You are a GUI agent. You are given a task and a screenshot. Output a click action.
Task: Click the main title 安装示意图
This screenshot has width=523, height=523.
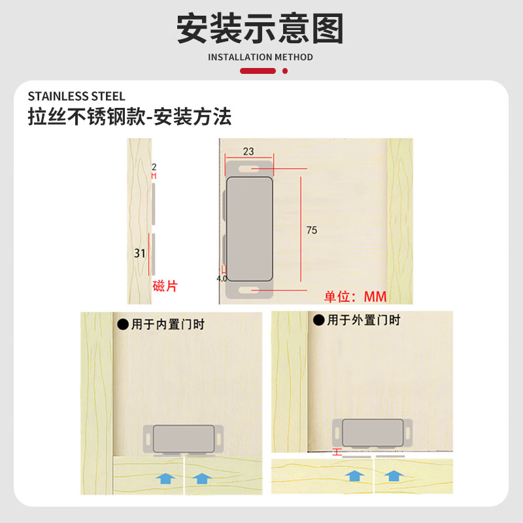(260, 29)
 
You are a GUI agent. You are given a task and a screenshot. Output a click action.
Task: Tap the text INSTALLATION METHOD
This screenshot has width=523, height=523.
(260, 57)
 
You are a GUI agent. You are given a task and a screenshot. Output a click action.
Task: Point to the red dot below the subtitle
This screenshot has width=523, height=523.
(284, 71)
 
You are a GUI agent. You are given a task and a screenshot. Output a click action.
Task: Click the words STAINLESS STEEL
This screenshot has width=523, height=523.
(76, 96)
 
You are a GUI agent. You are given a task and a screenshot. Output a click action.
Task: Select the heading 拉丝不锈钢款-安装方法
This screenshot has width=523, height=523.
(129, 117)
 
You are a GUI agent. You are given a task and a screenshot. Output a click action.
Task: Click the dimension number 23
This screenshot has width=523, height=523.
(248, 151)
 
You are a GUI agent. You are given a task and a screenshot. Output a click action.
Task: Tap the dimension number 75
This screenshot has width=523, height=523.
(312, 230)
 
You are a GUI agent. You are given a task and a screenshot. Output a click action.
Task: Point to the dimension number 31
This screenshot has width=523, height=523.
(139, 253)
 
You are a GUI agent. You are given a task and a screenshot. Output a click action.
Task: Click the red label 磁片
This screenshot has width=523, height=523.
(165, 286)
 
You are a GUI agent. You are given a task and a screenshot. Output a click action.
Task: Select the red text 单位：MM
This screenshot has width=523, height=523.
(356, 297)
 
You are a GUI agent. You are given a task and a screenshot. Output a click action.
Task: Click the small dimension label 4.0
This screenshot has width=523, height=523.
(221, 278)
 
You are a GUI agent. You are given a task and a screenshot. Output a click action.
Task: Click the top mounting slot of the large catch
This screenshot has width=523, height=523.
(248, 169)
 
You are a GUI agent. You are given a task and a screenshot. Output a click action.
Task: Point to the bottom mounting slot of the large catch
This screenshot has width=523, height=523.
(248, 288)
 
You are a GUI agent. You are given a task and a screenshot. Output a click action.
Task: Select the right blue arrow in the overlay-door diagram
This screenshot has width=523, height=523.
(392, 475)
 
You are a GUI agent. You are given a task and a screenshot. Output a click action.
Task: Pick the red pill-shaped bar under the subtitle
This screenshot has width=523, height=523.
(258, 71)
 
